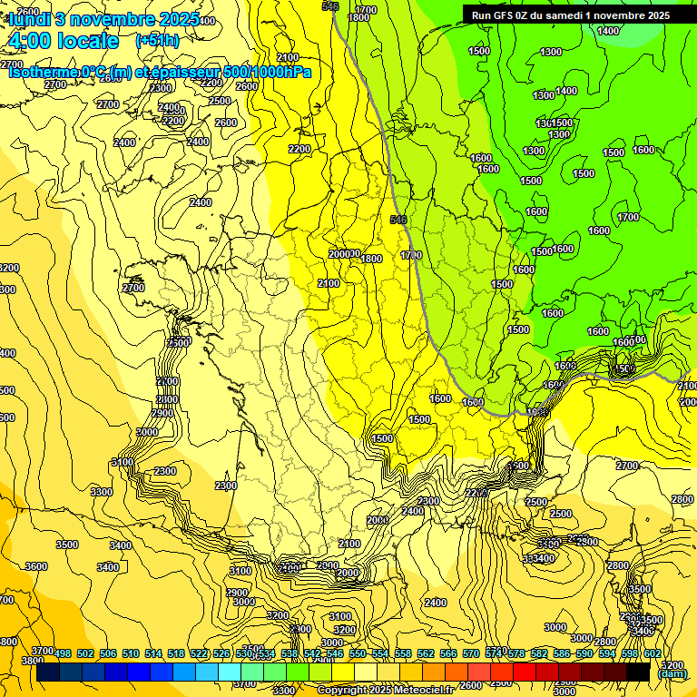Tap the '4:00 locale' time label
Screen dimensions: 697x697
tap(63, 41)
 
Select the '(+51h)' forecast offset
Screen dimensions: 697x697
tap(157, 41)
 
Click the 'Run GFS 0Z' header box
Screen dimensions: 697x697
tap(570, 15)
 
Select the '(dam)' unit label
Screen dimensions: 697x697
tap(672, 673)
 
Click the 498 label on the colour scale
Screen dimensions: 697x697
tap(63, 653)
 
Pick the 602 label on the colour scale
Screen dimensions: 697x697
tap(652, 653)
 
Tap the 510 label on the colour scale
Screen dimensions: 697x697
tap(131, 653)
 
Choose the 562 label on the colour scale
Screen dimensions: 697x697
tap(425, 653)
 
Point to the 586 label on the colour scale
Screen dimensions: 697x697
tap(561, 653)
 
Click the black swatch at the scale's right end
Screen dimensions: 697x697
tap(638, 672)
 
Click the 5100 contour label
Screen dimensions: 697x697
tap(122, 462)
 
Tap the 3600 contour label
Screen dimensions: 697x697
tap(35, 566)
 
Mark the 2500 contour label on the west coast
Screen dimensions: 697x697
tap(179, 342)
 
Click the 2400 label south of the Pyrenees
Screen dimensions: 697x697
tap(436, 603)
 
